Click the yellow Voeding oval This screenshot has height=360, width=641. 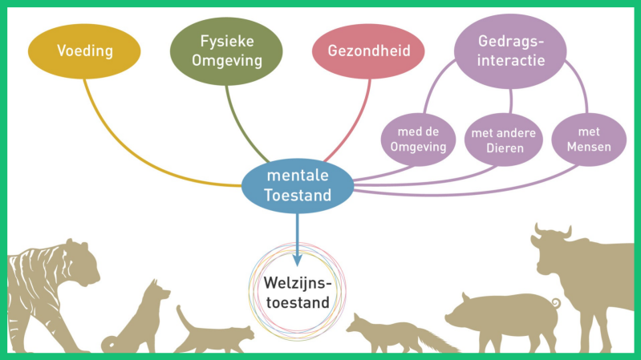[84, 51]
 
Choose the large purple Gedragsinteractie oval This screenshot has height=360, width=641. [511, 51]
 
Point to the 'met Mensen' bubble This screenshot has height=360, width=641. [589, 140]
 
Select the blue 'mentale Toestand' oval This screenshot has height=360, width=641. [298, 186]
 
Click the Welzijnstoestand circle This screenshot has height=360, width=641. [298, 293]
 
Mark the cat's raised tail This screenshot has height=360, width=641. [184, 316]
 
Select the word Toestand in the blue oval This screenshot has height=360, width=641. [298, 195]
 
